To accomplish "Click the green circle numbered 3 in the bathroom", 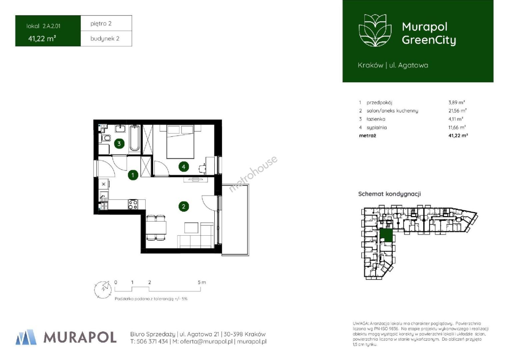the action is tap(119, 143).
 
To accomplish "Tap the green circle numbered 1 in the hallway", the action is tap(133, 175).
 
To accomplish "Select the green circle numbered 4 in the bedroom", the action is tap(184, 167).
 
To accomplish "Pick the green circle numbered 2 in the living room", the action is tap(184, 206).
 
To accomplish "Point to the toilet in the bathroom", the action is tap(105, 138).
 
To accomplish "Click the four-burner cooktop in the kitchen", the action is tap(133, 204).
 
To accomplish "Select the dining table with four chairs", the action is tap(156, 228).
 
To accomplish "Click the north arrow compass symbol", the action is tap(103, 290).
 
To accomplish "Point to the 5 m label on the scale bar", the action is tap(202, 282).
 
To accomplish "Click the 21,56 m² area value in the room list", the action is tap(457, 111).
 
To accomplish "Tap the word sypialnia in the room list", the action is tap(376, 127).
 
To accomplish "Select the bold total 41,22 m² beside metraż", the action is tap(458, 136).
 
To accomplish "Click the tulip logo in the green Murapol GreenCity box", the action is tap(375, 30).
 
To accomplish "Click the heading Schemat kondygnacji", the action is tap(389, 194).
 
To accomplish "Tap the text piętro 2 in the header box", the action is tap(101, 23).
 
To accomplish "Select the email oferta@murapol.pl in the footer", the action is tap(206, 341).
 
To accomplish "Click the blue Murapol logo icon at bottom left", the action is tap(26, 337).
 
